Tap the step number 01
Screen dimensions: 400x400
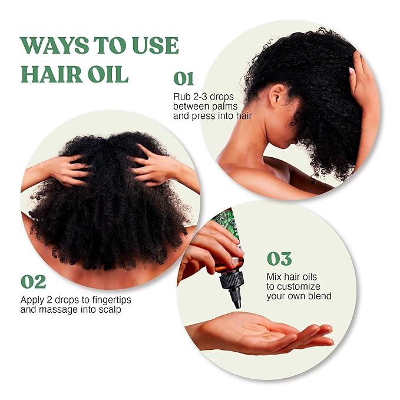tap(184, 78)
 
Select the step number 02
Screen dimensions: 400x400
tap(34, 281)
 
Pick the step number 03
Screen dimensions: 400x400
tap(280, 259)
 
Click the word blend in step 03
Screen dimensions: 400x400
tap(319, 296)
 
